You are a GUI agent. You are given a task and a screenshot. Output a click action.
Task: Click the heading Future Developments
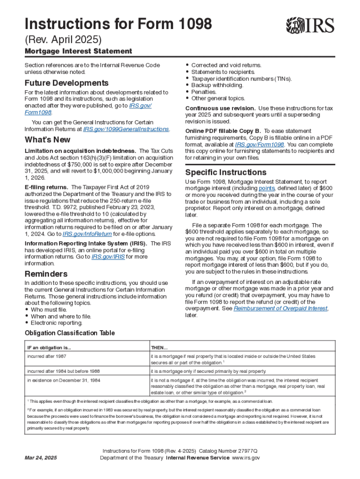point(66,83)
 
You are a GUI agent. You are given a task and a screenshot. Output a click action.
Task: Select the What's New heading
point(48,139)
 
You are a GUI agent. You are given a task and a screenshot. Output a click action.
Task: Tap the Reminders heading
point(46,274)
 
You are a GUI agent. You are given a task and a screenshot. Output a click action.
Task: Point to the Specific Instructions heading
point(226,172)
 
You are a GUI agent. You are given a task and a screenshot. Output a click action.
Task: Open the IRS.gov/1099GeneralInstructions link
point(126,129)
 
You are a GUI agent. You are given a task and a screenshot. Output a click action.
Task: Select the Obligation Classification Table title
point(69,333)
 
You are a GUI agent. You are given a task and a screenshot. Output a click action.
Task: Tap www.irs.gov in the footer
point(246,457)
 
